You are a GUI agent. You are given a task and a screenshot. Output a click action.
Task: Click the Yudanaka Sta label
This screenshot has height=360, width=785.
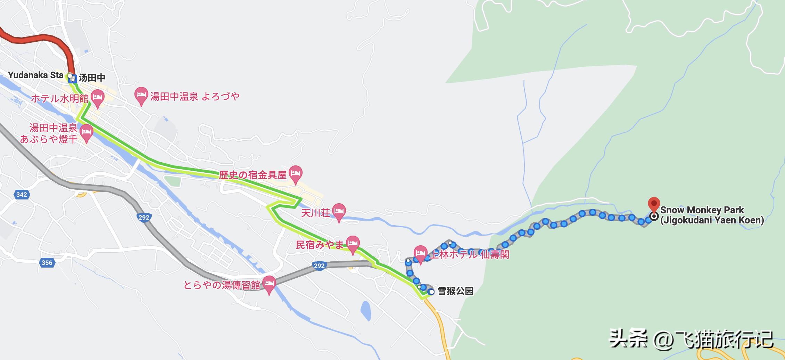click(x=35, y=75)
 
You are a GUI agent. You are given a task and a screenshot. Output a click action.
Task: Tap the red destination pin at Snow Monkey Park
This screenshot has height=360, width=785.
click(x=654, y=204)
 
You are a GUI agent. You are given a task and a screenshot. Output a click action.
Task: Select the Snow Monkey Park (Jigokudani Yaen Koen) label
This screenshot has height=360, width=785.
click(x=711, y=215)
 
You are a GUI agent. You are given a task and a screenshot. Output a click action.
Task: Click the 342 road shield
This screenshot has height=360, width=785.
click(x=22, y=195)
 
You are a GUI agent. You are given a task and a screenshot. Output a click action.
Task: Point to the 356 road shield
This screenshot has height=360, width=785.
click(x=47, y=263)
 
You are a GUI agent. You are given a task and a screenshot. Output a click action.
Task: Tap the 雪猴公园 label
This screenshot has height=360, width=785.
click(x=455, y=291)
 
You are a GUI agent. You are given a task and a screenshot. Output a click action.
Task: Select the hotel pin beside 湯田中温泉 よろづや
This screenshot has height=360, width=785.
click(x=141, y=96)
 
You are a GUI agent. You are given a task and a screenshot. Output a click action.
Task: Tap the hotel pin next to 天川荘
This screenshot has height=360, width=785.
click(x=339, y=212)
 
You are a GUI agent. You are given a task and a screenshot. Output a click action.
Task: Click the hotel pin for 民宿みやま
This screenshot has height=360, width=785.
click(x=353, y=244)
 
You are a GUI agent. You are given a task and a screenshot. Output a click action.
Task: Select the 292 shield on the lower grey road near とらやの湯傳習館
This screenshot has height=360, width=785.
click(x=319, y=266)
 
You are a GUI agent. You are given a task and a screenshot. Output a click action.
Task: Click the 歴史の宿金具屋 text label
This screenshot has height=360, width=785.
click(x=253, y=175)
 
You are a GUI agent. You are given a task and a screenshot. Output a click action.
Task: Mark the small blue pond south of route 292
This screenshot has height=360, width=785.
click(x=365, y=310)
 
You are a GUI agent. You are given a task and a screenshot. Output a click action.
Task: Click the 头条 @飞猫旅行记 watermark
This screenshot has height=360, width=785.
click(x=691, y=339)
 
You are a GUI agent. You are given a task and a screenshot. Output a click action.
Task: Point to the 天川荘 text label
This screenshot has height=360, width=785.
click(x=315, y=213)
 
